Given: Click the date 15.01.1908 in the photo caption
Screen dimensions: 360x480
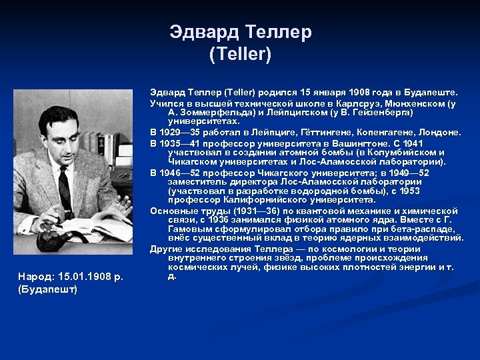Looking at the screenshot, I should point(87,276).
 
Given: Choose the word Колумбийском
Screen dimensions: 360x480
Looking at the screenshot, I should point(378,152).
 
